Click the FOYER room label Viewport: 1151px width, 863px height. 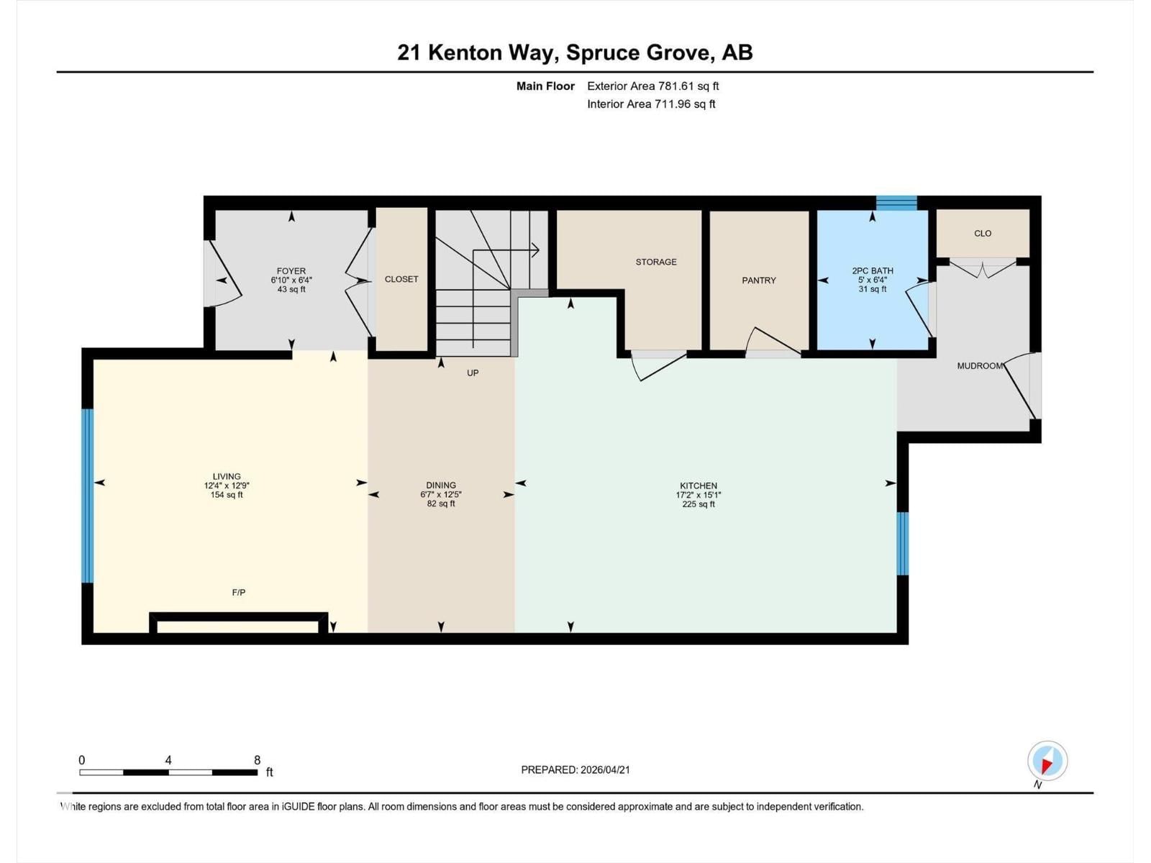(x=291, y=271)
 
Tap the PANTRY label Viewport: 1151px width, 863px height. (x=759, y=280)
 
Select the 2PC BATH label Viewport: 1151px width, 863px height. (x=872, y=271)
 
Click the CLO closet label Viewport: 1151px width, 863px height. (x=983, y=233)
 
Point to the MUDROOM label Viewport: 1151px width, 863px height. (x=979, y=366)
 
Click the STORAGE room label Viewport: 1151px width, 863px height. (x=655, y=262)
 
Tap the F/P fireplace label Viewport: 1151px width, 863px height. (x=239, y=593)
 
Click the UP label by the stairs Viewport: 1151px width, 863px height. (x=473, y=373)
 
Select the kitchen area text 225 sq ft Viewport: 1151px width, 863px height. (x=699, y=504)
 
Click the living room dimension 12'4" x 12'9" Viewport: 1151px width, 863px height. (x=227, y=485)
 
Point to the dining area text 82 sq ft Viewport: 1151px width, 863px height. (x=441, y=503)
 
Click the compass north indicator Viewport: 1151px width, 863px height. (x=1047, y=761)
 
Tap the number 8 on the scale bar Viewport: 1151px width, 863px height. (x=257, y=760)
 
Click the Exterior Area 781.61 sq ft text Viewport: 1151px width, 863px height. (x=652, y=86)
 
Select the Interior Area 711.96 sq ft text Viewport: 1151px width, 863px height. (x=651, y=104)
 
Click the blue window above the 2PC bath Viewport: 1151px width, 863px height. (x=896, y=202)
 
